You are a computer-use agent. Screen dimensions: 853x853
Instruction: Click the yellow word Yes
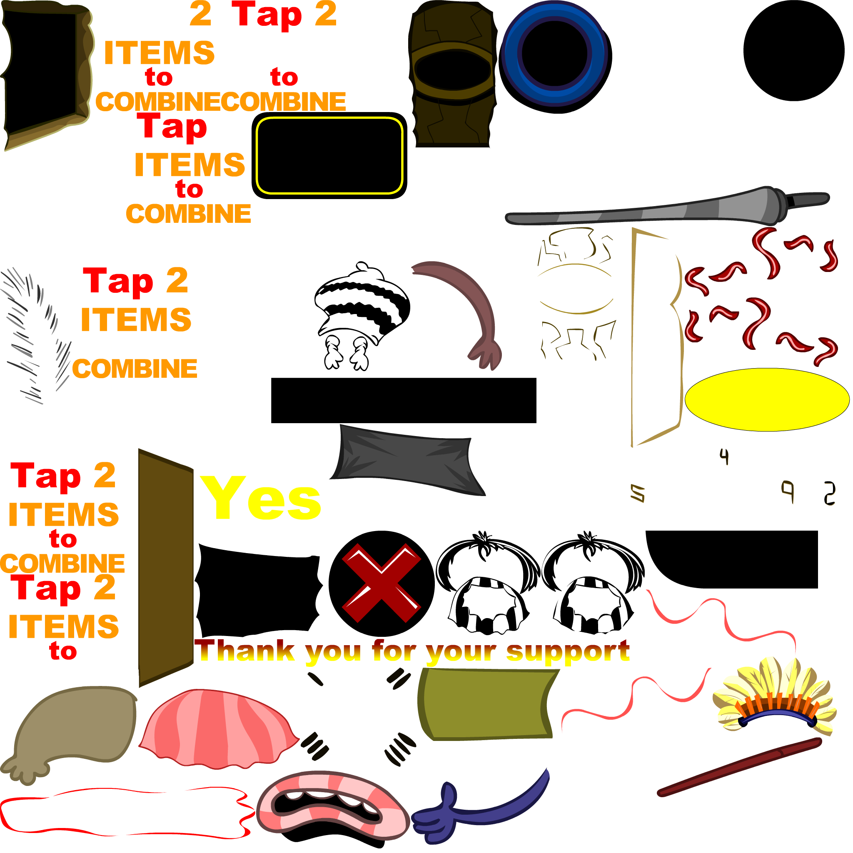click(261, 499)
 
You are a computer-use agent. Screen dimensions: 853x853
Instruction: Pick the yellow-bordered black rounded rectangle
click(330, 155)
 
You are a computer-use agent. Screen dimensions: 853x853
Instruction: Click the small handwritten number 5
click(638, 493)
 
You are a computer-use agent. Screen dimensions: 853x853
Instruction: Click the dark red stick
click(740, 767)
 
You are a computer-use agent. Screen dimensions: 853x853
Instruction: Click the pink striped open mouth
click(332, 809)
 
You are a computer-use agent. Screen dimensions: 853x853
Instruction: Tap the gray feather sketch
click(35, 336)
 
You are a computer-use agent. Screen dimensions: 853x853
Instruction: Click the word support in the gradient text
click(568, 652)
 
